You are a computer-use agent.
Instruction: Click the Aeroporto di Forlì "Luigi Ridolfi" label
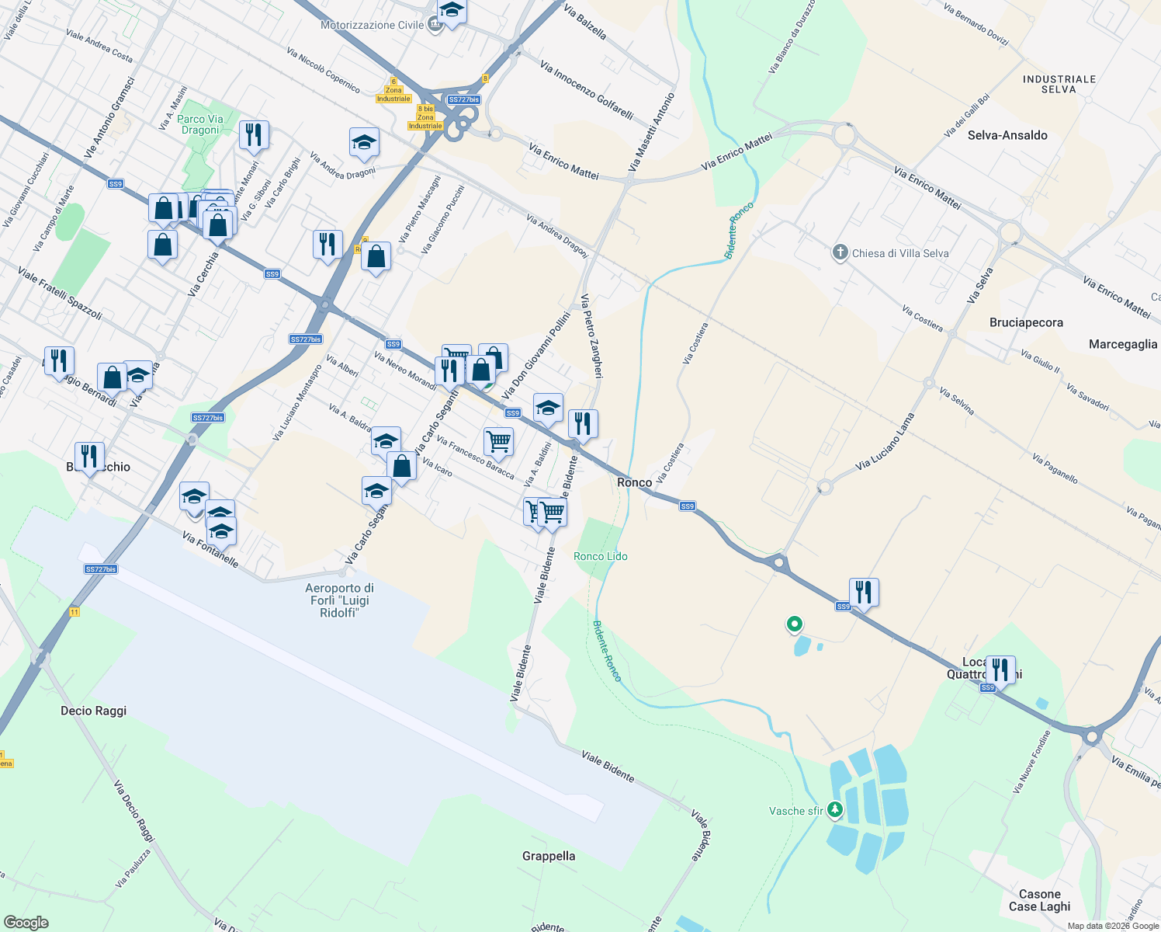point(339,600)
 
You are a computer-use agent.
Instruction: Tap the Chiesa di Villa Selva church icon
point(840,252)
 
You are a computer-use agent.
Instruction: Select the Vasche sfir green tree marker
point(835,810)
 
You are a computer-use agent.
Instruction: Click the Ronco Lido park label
point(600,556)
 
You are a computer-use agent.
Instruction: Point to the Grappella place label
point(549,856)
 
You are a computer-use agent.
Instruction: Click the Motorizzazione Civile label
point(373,25)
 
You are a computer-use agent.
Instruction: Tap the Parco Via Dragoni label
point(200,124)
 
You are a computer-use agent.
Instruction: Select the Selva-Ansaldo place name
point(1007,135)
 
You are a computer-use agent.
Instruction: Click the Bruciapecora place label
point(1026,322)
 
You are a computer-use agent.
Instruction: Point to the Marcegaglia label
point(1122,344)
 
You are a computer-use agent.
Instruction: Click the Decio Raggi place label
point(93,711)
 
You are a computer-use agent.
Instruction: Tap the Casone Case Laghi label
point(1039,900)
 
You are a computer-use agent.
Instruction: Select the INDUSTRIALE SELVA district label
point(1059,84)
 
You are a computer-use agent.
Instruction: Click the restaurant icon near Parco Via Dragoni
point(254,134)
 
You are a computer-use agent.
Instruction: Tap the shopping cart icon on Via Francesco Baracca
point(498,441)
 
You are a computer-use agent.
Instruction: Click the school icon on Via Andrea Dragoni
point(364,142)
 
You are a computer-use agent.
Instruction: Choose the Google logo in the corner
point(26,922)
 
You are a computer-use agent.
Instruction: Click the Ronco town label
point(634,482)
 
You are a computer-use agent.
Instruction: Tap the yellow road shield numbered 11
point(74,612)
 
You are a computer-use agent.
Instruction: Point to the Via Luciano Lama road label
point(885,441)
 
